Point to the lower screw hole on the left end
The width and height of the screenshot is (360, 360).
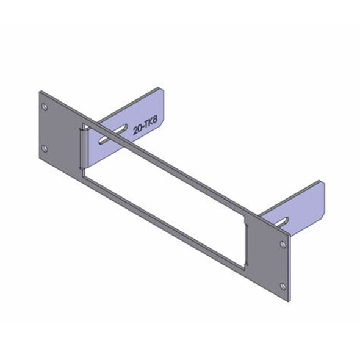point(44,148)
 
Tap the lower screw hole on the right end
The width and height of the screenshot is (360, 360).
point(283,286)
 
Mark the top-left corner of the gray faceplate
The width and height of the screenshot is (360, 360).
point(40,92)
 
